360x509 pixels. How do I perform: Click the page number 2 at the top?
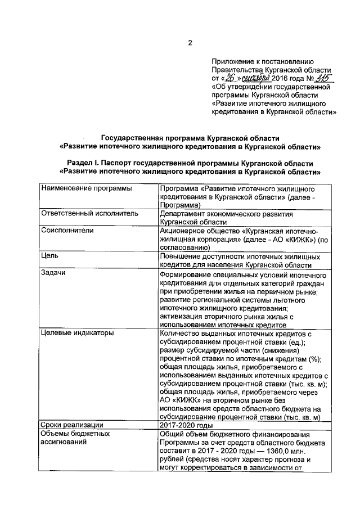(190, 43)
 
